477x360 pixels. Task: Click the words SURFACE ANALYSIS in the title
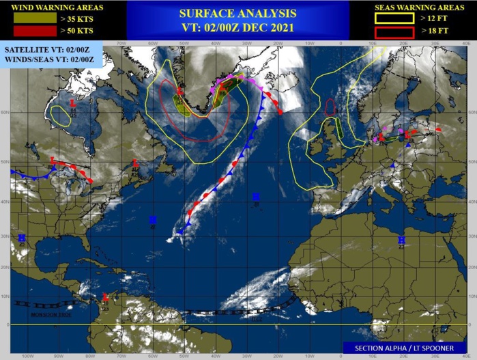[x=237, y=13]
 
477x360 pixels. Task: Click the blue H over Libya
[x=401, y=240]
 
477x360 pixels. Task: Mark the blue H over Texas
[x=22, y=238]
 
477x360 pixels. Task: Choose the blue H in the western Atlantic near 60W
[x=153, y=220]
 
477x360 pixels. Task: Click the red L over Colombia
[x=105, y=296]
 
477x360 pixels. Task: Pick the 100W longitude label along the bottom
[x=27, y=356]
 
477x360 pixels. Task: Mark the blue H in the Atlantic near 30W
[x=255, y=197]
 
